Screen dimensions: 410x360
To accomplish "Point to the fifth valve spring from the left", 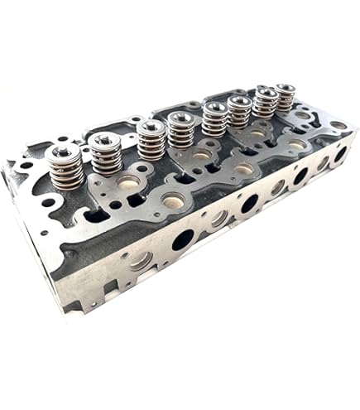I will [214, 121].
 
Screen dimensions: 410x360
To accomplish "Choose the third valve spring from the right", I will [239, 113].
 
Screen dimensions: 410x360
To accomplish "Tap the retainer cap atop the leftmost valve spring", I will [63, 152].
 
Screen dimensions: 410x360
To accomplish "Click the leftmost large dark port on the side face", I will [183, 240].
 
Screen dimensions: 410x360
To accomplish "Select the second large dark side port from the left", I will [249, 203].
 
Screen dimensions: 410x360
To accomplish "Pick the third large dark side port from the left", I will [300, 176].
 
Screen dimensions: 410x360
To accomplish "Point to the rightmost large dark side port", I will [339, 154].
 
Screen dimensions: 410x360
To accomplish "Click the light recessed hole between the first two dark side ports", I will [218, 219].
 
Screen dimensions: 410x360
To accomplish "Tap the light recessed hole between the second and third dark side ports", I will [277, 188].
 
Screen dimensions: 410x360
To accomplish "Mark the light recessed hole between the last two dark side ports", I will [323, 164].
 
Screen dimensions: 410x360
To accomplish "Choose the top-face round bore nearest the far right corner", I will [338, 125].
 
